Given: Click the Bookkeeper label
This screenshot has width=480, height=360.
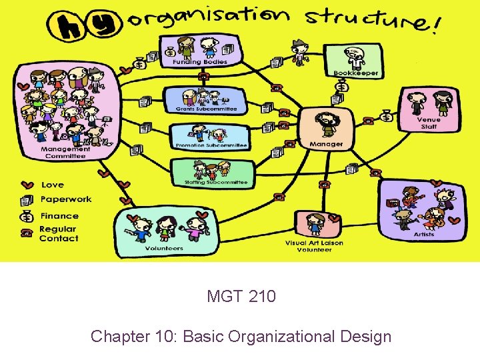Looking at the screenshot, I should tap(355, 73).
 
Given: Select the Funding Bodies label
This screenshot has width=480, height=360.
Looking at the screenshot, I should tap(200, 62).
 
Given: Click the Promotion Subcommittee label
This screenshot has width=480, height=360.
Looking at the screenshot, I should tap(211, 145).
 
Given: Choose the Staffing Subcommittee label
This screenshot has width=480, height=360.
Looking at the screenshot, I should tap(215, 182).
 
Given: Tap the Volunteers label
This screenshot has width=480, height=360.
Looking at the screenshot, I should tap(164, 248).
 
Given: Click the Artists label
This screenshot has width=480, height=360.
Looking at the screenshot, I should tap(423, 234).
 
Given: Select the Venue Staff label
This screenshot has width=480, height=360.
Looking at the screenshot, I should tap(429, 123).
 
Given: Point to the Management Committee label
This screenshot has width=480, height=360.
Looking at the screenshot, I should tap(65, 153).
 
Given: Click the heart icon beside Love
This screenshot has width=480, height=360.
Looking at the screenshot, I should tap(27, 185).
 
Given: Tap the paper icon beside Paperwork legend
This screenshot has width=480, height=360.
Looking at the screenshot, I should tap(27, 199).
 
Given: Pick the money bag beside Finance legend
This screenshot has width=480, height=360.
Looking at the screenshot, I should tap(27, 216).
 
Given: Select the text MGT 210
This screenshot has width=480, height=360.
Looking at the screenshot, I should tap(241, 296).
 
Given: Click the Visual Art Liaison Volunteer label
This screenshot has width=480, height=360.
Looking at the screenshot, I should tap(314, 246).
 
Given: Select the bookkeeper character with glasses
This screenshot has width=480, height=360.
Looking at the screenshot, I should tap(353, 57).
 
